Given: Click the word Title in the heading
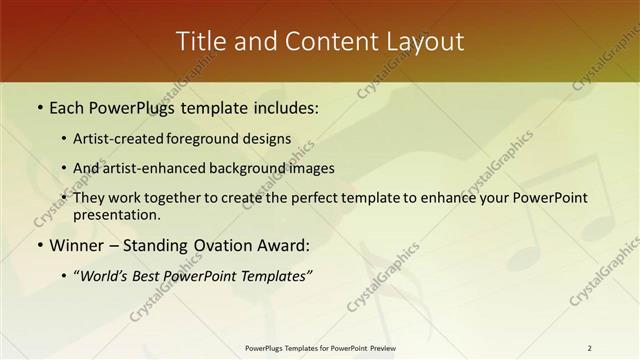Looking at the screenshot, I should pos(201,42).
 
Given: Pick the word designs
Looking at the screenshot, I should pos(267,139).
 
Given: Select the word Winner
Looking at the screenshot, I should pos(76,245).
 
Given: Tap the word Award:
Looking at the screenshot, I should pos(284,245).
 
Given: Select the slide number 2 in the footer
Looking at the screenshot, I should pos(589,348).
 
